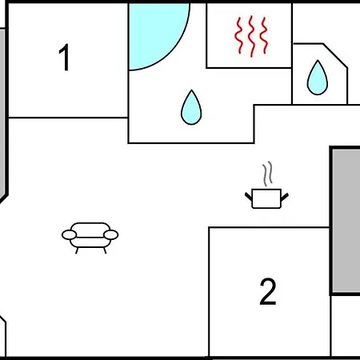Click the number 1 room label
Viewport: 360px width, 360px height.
[64, 58]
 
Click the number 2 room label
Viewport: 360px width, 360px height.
[268, 291]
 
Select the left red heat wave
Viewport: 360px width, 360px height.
[238, 35]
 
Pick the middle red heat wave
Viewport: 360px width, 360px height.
[251, 36]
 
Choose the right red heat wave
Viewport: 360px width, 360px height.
[264, 35]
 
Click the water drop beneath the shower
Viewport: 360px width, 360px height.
[191, 107]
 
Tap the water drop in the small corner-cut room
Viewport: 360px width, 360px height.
[318, 78]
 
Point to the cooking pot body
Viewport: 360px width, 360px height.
[266, 198]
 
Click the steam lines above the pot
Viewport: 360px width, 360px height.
[267, 174]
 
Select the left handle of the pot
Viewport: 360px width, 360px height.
[249, 197]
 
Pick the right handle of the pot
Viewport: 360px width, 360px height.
[285, 197]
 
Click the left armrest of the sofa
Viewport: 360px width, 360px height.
[70, 235]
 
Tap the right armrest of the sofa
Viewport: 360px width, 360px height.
[111, 235]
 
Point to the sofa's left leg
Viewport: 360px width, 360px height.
[77, 250]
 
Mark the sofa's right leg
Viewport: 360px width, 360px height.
[105, 250]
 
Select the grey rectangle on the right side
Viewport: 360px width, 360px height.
[346, 221]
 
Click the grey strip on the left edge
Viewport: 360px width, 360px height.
[2, 114]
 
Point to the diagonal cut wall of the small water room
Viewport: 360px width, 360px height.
[335, 55]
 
